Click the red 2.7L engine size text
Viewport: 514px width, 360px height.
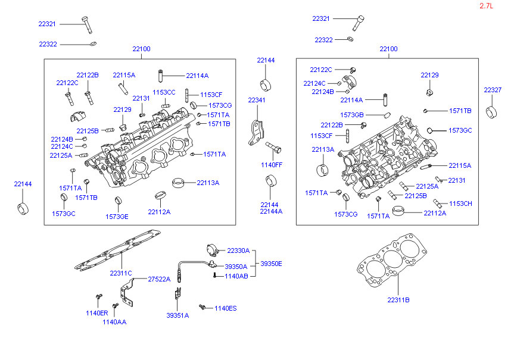point(486,6)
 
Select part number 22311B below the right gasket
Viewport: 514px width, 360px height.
point(398,300)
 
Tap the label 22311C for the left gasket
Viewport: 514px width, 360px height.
point(121,273)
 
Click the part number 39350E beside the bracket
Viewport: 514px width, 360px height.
point(271,264)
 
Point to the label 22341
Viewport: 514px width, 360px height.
point(256,100)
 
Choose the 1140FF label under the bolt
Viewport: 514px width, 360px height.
point(272,165)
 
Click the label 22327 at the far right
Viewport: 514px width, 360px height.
point(493,90)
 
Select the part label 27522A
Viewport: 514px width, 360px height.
point(159,279)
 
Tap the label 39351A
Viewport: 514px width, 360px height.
point(177,315)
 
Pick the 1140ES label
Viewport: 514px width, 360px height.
point(226,308)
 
